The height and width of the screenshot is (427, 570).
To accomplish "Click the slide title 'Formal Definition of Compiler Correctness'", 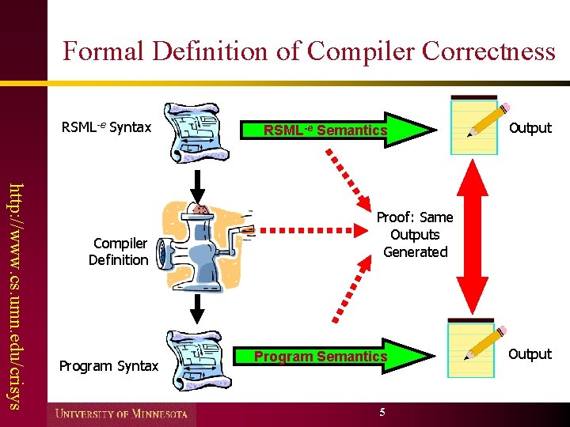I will [x=309, y=51].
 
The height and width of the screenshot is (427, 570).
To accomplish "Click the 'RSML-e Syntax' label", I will [x=106, y=127].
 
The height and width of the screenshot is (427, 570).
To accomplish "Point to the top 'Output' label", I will [x=530, y=127].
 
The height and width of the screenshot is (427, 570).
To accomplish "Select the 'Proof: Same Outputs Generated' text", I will [x=415, y=234].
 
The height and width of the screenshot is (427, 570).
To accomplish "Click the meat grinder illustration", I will [x=203, y=245].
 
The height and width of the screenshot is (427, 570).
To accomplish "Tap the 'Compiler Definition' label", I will [x=118, y=251].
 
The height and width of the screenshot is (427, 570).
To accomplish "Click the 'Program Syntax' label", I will [x=109, y=366].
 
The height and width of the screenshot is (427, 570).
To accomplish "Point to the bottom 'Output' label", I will [x=530, y=353].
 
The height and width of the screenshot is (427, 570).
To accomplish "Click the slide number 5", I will [x=382, y=412].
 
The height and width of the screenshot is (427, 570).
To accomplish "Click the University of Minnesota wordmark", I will [x=121, y=414].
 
